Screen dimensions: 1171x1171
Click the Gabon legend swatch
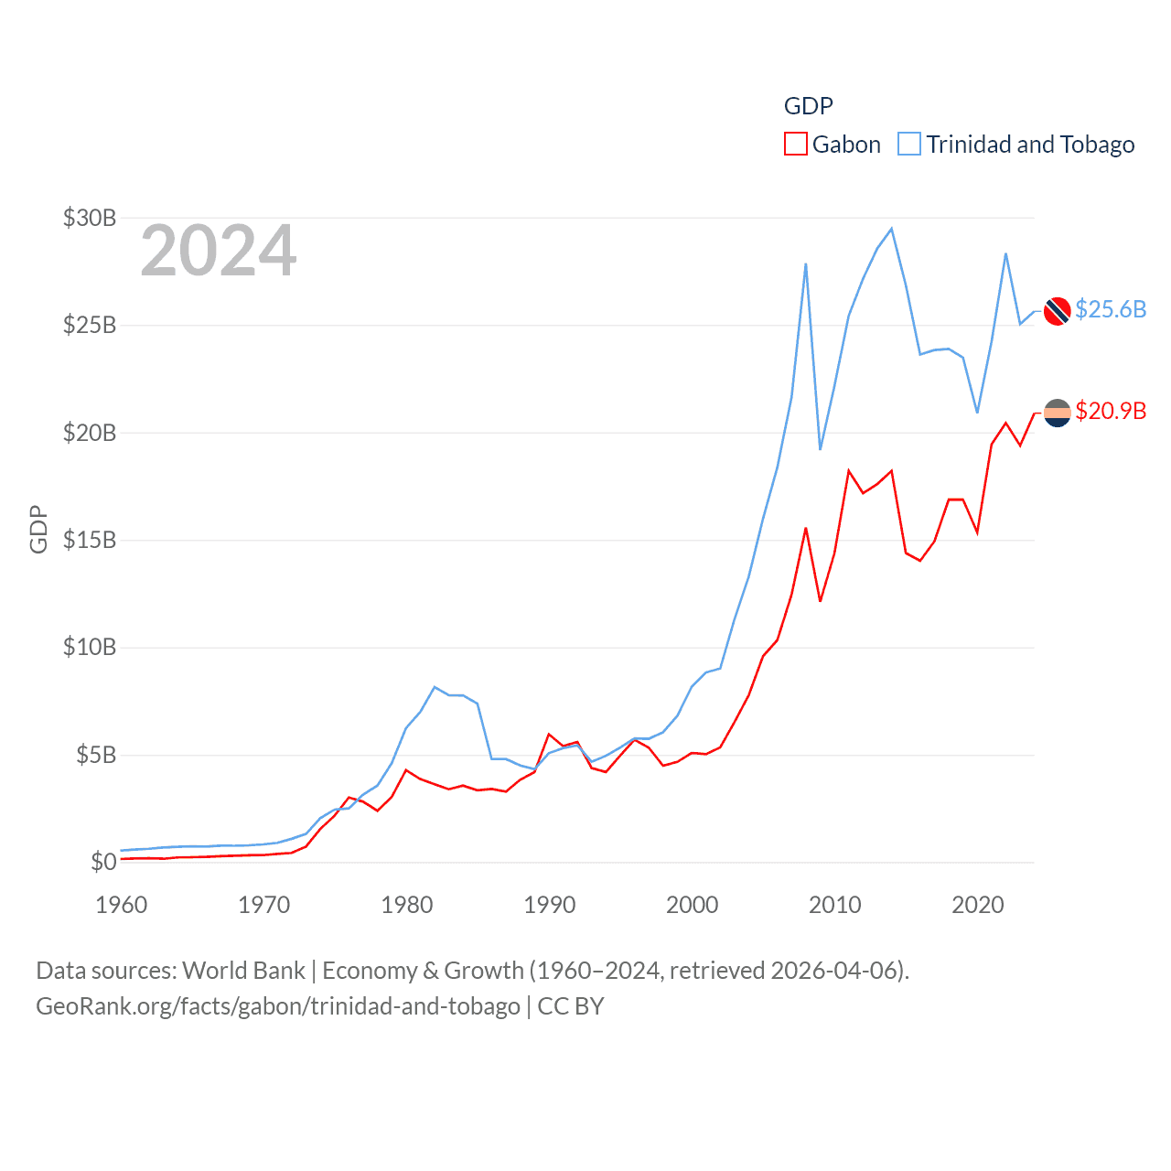pos(796,145)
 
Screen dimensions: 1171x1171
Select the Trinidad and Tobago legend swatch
pos(909,145)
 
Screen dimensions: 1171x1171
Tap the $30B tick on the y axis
pos(90,218)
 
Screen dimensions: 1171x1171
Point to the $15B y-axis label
pos(90,540)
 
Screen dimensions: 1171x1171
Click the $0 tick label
pos(103,862)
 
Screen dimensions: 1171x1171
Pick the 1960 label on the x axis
pos(122,905)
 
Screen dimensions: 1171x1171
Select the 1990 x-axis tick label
pos(550,905)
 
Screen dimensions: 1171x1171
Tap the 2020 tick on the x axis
pos(978,905)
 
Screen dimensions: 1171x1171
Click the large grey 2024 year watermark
pos(219,251)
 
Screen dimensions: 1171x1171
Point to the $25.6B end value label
pos(1111,309)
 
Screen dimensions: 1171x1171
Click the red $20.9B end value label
pos(1111,411)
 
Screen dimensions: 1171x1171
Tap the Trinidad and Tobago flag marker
pos(1058,311)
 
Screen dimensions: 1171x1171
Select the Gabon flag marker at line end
pos(1058,414)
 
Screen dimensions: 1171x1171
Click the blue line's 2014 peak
pos(892,229)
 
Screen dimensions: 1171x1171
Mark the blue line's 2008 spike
pos(806,264)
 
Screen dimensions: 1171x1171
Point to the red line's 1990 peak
pos(549,734)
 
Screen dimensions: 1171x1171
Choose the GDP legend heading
pos(809,106)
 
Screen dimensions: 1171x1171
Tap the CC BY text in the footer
pos(571,1006)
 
